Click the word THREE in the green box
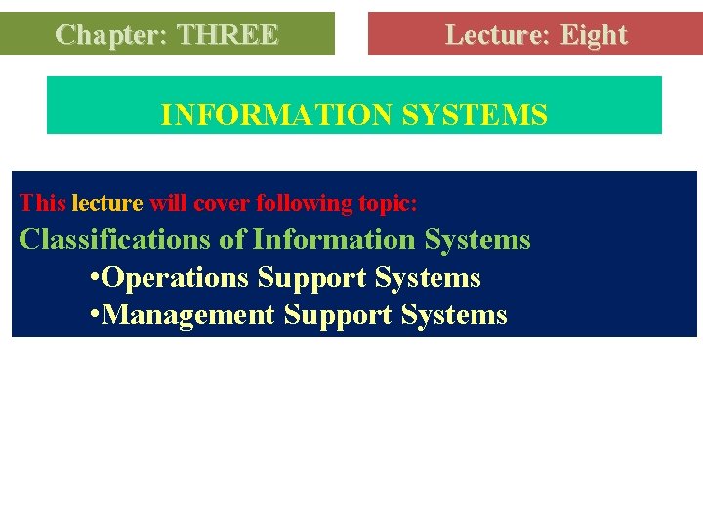pyautogui.click(x=228, y=35)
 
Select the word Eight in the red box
pyautogui.click(x=594, y=35)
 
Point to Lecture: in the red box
pyautogui.click(x=497, y=35)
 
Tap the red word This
pyautogui.click(x=43, y=203)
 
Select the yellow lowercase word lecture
pyautogui.click(x=107, y=203)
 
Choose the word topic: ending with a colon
pyautogui.click(x=388, y=203)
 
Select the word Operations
pyautogui.click(x=175, y=278)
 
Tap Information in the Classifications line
pyautogui.click(x=334, y=239)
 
